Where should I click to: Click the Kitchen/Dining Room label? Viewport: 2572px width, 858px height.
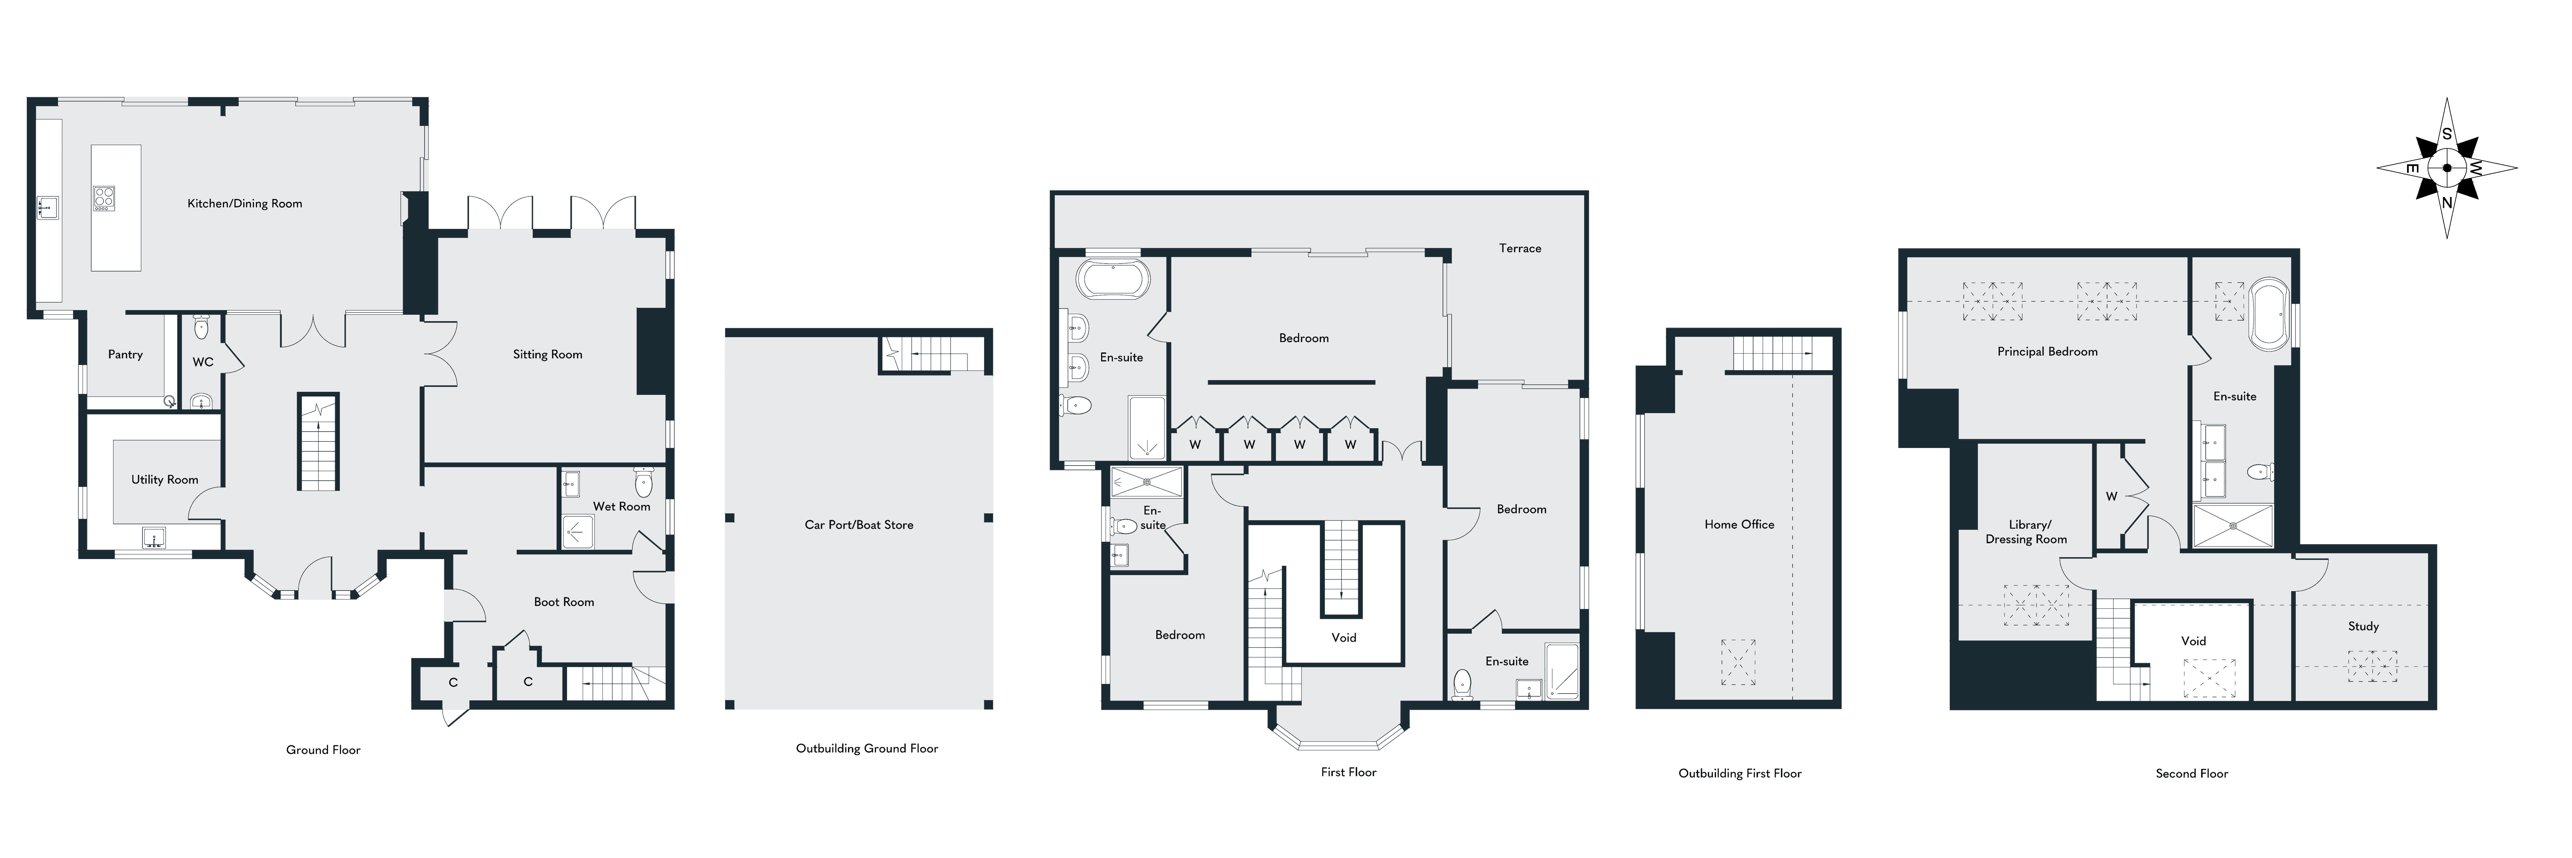click(244, 204)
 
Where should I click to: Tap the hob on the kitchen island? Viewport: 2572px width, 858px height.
click(104, 199)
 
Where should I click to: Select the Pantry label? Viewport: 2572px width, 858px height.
click(126, 354)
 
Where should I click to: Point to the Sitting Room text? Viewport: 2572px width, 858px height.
click(547, 354)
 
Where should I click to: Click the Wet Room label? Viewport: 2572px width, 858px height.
click(621, 506)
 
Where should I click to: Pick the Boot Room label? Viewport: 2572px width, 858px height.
click(564, 602)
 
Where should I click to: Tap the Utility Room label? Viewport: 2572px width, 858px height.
click(165, 479)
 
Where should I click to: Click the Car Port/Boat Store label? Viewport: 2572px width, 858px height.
click(859, 524)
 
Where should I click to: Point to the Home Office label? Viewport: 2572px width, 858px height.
click(1739, 524)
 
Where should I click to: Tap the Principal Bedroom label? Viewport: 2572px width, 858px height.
click(2047, 352)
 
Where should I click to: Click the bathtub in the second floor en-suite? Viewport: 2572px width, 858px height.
click(2269, 315)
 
